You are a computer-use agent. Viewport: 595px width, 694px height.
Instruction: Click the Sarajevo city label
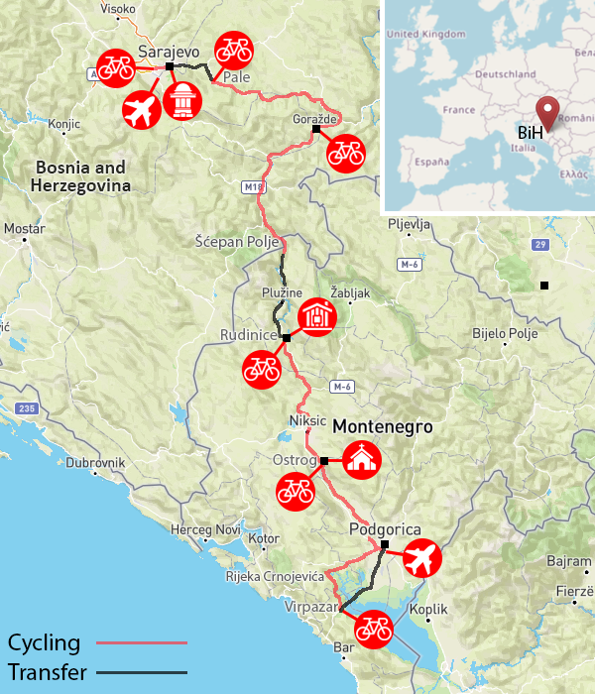pos(170,51)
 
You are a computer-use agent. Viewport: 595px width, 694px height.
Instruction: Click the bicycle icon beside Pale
pos(234,48)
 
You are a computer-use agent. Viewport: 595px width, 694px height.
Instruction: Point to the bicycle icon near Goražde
pos(346,153)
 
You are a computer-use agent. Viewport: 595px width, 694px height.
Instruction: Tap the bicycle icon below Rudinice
pos(262,368)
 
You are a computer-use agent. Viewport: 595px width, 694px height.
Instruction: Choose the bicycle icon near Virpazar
pos(373,628)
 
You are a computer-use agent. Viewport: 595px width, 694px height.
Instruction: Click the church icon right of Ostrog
pos(361,459)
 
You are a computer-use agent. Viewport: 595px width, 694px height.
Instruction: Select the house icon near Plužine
pos(316,317)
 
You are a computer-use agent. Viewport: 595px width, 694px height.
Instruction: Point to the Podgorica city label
pos(386,529)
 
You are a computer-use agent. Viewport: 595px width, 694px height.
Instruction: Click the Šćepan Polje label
pos(239,243)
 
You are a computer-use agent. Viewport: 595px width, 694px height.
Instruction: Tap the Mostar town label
pos(24,229)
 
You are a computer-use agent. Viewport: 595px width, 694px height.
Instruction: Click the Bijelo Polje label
pos(505,333)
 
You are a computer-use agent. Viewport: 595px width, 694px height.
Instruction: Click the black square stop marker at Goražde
pos(316,130)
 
